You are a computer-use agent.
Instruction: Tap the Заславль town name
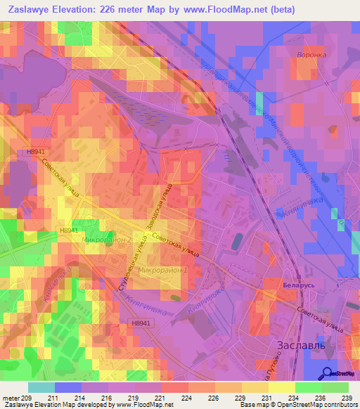[x=297, y=345]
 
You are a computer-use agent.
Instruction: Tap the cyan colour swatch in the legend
[x=41, y=387]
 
